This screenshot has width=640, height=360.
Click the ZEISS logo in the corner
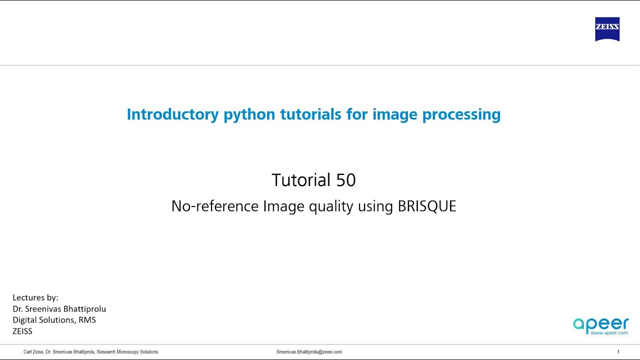(x=607, y=29)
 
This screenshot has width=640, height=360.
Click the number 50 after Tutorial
(x=345, y=180)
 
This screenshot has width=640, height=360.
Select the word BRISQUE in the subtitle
(x=427, y=206)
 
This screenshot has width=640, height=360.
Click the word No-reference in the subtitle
(x=215, y=206)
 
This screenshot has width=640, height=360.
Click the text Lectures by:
(x=35, y=297)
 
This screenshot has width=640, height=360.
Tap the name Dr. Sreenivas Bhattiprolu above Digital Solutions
(x=59, y=308)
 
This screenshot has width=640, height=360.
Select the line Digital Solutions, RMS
(x=54, y=319)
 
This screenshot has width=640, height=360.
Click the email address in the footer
(x=309, y=352)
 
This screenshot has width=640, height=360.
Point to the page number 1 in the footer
(x=618, y=352)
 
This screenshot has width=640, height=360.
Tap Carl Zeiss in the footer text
(x=33, y=352)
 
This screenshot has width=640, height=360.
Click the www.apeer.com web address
(x=609, y=332)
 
